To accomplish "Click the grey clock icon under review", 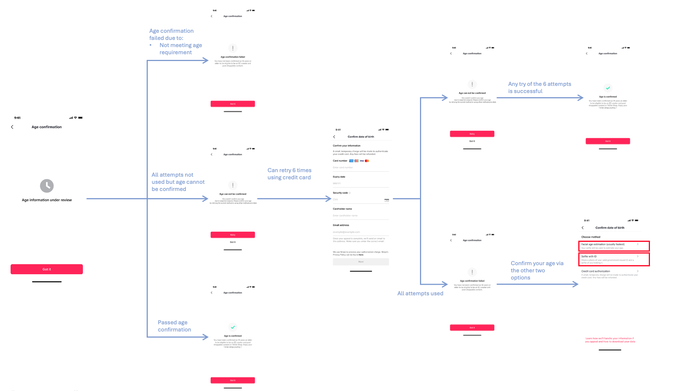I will click(47, 186).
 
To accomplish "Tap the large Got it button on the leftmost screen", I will click(47, 269).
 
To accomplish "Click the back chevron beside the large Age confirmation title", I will click(12, 127).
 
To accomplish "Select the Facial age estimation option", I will click(613, 246).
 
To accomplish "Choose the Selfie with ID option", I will click(613, 259).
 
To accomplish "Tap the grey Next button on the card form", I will click(361, 262).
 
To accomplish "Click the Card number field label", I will click(340, 161).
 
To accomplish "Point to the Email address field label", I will click(341, 225).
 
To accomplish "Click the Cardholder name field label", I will click(342, 209).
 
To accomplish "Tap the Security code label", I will click(340, 193).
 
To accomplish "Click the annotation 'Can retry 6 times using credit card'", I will click(289, 174).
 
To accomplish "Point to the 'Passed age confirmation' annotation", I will click(174, 326).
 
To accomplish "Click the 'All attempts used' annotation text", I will click(420, 293).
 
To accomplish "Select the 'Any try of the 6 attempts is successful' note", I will click(539, 88).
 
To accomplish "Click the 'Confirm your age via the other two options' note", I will click(537, 270).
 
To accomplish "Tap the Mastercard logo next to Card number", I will click(367, 161).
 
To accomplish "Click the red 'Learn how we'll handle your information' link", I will click(610, 340).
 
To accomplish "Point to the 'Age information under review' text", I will click(47, 200).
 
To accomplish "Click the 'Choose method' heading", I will click(591, 237).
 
